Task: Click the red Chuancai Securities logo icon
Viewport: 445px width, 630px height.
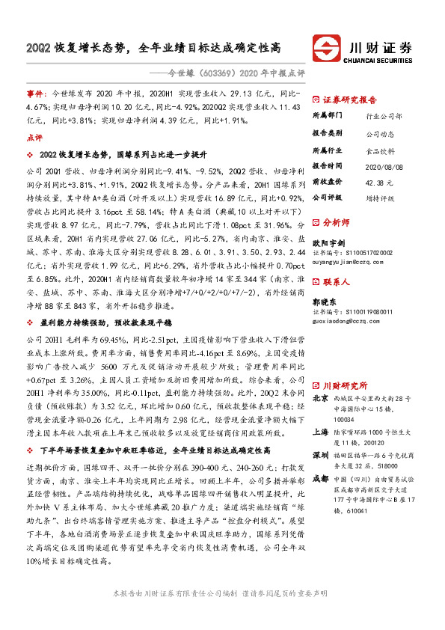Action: point(327,47)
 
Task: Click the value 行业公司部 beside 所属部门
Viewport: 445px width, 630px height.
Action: point(384,117)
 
